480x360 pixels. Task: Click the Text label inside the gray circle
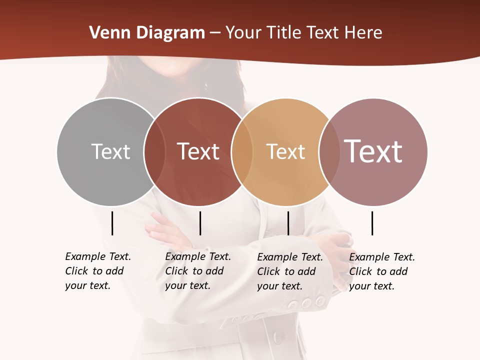tap(110, 151)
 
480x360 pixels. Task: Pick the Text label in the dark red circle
tap(198, 151)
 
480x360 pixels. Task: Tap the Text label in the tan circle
tap(285, 151)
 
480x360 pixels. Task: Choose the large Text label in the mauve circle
tap(373, 151)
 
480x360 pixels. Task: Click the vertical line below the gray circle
tap(112, 223)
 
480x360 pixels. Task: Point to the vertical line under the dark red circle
tap(200, 223)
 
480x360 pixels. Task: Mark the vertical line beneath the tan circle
tap(288, 223)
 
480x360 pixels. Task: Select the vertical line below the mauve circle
tap(372, 223)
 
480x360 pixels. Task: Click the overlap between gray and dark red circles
tap(154, 151)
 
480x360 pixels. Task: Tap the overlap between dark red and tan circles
tap(242, 151)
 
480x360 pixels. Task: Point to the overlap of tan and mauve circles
tap(328, 151)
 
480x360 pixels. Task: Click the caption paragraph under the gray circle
tap(98, 271)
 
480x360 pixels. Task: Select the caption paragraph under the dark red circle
tap(198, 271)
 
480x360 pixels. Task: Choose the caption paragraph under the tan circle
tap(290, 271)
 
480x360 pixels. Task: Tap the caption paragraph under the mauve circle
tap(382, 271)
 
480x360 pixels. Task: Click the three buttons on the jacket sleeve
tap(306, 302)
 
